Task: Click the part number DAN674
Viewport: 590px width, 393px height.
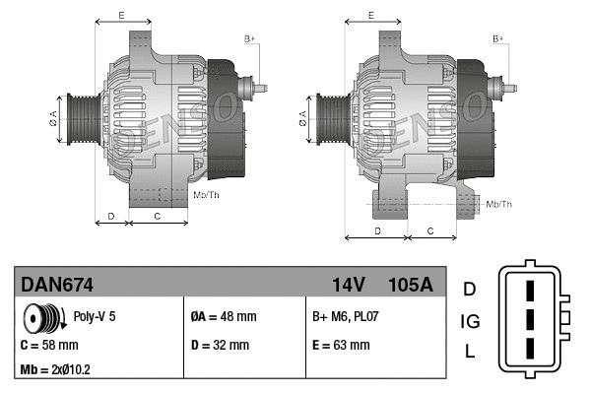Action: coord(58,286)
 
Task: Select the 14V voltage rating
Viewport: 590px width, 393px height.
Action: coord(348,286)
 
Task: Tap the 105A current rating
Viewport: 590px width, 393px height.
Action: coord(410,286)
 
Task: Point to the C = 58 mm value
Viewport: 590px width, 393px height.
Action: coord(49,346)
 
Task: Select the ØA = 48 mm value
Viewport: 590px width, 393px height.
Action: coord(223,317)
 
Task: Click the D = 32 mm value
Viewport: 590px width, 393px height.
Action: coord(220,346)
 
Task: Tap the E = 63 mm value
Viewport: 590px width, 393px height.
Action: coord(341,346)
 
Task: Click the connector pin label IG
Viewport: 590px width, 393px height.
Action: coord(471,320)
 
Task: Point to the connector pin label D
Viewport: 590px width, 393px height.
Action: coord(470,290)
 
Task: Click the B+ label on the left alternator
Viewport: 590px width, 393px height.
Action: coord(249,38)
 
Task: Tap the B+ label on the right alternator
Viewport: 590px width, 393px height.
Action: coord(498,38)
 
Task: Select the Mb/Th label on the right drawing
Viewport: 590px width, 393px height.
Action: coord(500,204)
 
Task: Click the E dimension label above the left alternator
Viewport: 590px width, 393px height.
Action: coord(121,15)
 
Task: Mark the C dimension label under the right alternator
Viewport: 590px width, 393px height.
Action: coord(431,230)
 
